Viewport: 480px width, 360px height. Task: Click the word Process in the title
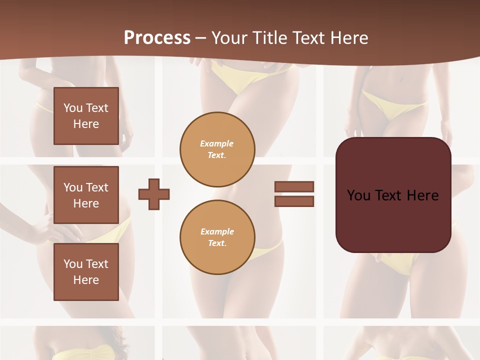157,37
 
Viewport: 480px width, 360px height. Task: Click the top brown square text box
86,116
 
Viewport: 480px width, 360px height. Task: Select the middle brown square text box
86,195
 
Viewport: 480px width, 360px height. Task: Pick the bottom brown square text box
86,272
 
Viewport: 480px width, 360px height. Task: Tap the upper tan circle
217,149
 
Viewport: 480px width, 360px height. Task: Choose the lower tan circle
217,237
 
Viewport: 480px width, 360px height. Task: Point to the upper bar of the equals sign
294,186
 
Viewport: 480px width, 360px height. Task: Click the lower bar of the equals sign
294,201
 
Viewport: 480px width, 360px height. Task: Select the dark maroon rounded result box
393,195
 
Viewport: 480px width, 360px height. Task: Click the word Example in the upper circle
217,143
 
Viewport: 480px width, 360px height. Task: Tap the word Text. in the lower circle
217,243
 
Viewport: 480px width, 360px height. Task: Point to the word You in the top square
73,108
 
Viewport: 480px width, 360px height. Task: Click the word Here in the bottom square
86,280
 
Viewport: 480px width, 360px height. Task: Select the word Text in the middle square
96,187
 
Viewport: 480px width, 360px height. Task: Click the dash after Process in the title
201,37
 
